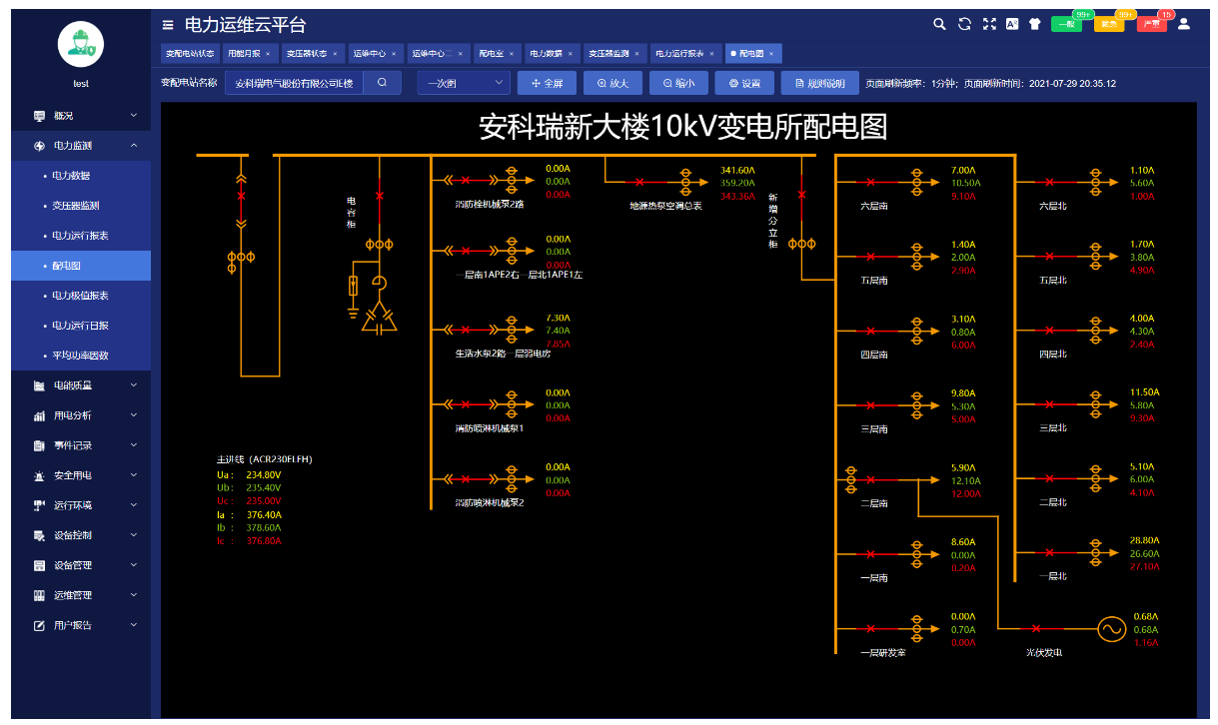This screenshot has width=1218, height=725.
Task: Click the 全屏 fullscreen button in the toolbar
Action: click(x=547, y=84)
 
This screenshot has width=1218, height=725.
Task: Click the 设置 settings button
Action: click(x=744, y=84)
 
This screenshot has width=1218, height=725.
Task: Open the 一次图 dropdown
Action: click(x=463, y=84)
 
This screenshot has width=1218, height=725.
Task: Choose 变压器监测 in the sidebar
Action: click(x=76, y=206)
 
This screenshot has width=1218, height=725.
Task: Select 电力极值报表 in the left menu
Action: click(x=80, y=296)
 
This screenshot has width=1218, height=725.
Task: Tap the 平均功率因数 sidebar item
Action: click(x=80, y=356)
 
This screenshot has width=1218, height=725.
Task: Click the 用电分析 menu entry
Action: click(x=72, y=415)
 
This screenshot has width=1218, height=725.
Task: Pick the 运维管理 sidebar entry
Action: click(x=72, y=595)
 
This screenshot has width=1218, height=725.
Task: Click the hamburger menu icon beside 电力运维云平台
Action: click(x=167, y=24)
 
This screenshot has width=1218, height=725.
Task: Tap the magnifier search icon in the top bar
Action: click(x=938, y=24)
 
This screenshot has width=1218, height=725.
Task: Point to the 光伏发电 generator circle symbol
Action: click(x=1111, y=629)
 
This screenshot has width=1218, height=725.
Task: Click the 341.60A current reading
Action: click(x=737, y=170)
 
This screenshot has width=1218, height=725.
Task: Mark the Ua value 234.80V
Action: click(x=264, y=475)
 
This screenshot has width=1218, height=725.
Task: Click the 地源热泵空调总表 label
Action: click(x=665, y=206)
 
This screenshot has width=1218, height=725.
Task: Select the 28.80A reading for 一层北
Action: click(x=1144, y=540)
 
